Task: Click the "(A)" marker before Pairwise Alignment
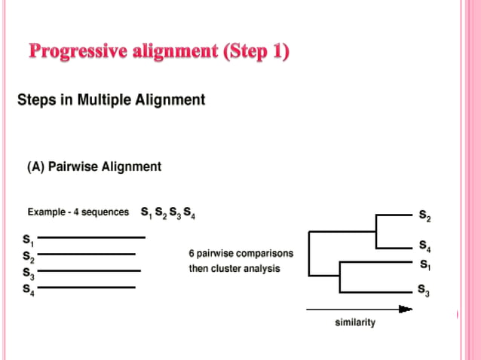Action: (35, 166)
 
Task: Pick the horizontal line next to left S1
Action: (91, 237)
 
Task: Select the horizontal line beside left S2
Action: (87, 255)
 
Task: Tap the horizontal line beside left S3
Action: (89, 270)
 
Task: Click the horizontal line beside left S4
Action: (87, 287)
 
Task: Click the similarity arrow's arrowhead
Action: (406, 308)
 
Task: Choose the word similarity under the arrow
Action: (355, 323)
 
